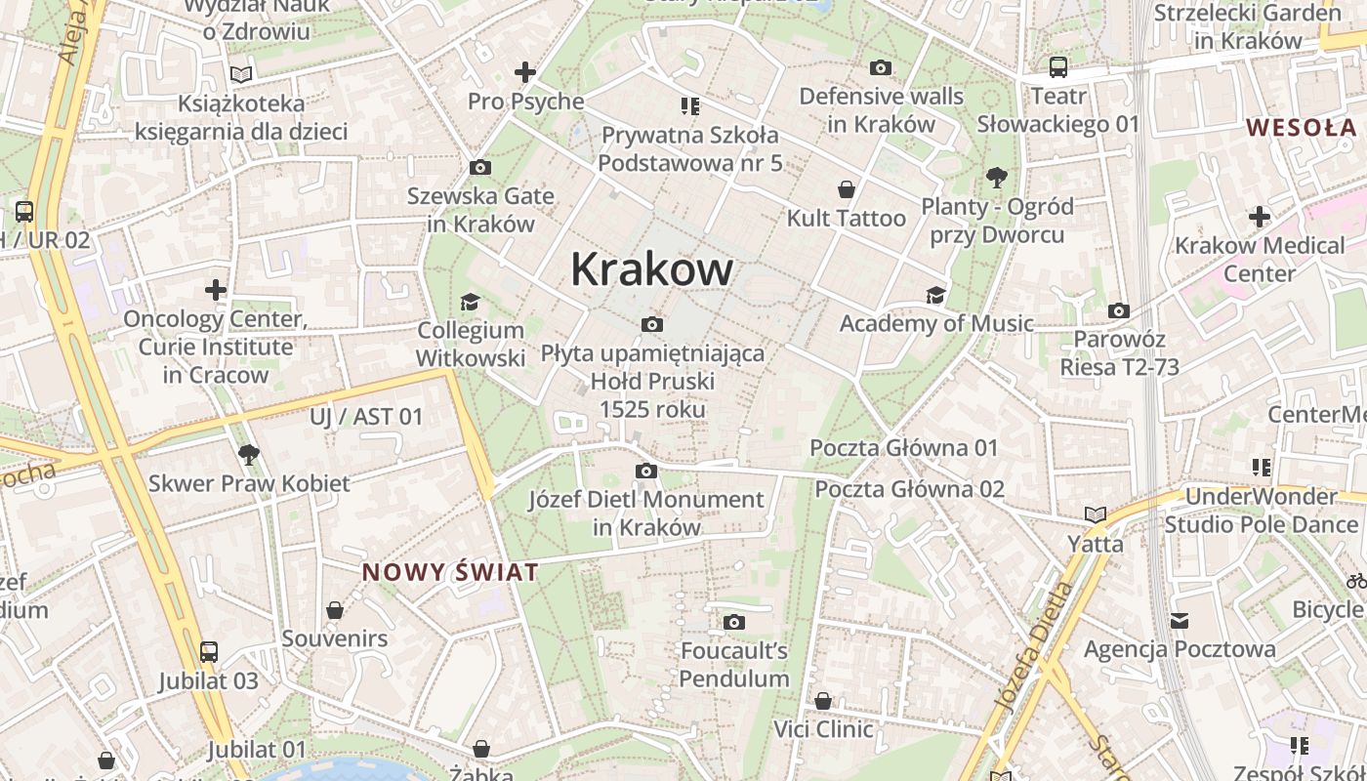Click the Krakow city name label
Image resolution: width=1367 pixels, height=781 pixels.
[x=651, y=268]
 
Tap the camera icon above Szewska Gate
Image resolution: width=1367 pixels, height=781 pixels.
[x=479, y=167]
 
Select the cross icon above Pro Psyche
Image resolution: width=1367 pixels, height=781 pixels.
[x=525, y=71]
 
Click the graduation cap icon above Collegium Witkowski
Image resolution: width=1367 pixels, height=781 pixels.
[x=470, y=302]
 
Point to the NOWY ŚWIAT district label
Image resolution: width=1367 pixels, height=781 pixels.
[x=450, y=572]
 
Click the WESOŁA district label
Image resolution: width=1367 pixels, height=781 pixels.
[x=1302, y=127]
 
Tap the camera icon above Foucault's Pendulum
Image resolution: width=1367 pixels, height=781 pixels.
[x=734, y=622]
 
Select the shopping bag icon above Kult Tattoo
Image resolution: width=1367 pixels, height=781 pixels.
[x=847, y=189]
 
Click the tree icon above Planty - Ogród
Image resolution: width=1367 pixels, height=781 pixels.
[x=997, y=178]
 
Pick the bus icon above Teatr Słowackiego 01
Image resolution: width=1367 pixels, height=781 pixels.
[x=1058, y=67]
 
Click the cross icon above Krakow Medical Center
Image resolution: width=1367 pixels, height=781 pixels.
[x=1260, y=216]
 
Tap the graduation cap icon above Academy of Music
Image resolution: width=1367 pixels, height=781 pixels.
[x=935, y=295]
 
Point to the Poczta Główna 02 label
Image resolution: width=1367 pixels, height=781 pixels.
[x=910, y=488]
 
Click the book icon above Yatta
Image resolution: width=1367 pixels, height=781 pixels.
[x=1095, y=514]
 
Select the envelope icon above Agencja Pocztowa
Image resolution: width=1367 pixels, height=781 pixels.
[x=1180, y=621]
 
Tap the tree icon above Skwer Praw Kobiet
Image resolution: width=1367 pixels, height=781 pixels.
[x=248, y=454]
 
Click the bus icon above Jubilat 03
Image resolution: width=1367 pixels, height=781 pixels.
[x=208, y=652]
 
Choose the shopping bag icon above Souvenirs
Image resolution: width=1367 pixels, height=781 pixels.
[x=335, y=610]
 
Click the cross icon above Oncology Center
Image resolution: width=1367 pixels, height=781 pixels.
[x=216, y=290]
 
